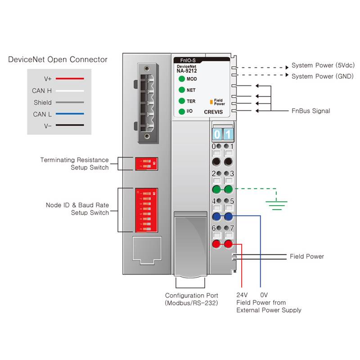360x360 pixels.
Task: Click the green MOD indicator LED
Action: (x=182, y=79)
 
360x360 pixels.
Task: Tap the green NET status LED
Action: (x=182, y=90)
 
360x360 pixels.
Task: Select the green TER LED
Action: (x=182, y=101)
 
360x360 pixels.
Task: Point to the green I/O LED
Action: (x=182, y=111)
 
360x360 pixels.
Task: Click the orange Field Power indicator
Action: (x=211, y=103)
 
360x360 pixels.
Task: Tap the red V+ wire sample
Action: (x=70, y=79)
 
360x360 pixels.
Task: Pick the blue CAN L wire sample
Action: (x=70, y=114)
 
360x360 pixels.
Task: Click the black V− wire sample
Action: (x=70, y=126)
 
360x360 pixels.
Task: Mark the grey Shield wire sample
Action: (x=70, y=103)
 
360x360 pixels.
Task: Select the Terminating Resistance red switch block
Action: (x=146, y=163)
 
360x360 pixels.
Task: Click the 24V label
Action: (x=242, y=295)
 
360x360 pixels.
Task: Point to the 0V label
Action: (x=264, y=295)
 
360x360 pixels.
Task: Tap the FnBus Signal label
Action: (x=311, y=111)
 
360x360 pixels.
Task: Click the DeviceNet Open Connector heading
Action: (x=58, y=59)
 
